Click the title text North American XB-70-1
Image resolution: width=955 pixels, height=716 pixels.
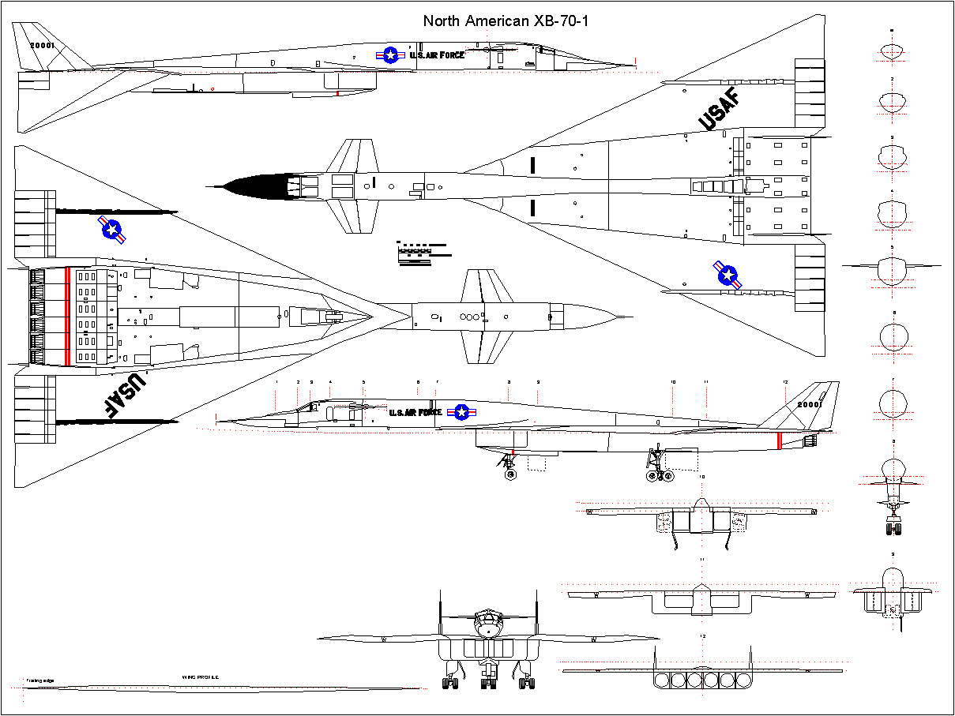[x=506, y=21]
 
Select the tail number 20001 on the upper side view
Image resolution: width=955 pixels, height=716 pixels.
[x=42, y=46]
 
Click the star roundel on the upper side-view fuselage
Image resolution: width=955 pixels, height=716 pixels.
[x=390, y=54]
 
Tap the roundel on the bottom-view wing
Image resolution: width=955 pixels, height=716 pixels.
[x=112, y=230]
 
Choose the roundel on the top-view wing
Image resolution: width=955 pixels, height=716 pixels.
[x=727, y=275]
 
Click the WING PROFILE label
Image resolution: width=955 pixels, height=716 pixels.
[x=200, y=677]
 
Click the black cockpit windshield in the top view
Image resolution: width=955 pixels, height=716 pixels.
[x=257, y=187]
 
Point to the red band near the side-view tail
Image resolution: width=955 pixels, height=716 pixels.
[x=779, y=440]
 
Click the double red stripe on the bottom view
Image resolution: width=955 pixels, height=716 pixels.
[x=67, y=316]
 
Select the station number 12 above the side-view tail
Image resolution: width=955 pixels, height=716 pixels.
[x=784, y=382]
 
